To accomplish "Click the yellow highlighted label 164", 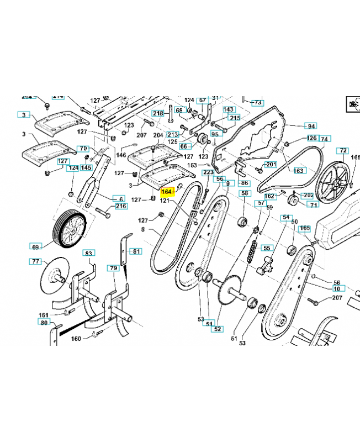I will (x=167, y=192).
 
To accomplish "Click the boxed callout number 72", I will (x=343, y=150).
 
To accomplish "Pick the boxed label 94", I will (x=311, y=126).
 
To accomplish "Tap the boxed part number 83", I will (x=89, y=252).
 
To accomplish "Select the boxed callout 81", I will (x=135, y=251).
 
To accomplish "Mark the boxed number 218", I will (x=158, y=113).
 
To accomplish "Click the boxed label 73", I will (x=257, y=103).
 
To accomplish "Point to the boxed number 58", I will (x=245, y=193).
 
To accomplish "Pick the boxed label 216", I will (x=121, y=207).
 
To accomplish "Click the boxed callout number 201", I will (x=271, y=165).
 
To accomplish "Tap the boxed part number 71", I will (x=313, y=205).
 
